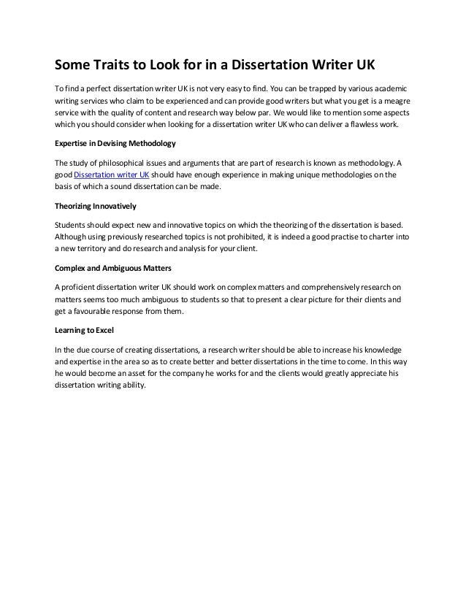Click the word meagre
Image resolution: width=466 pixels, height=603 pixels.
pyautogui.click(x=390, y=100)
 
